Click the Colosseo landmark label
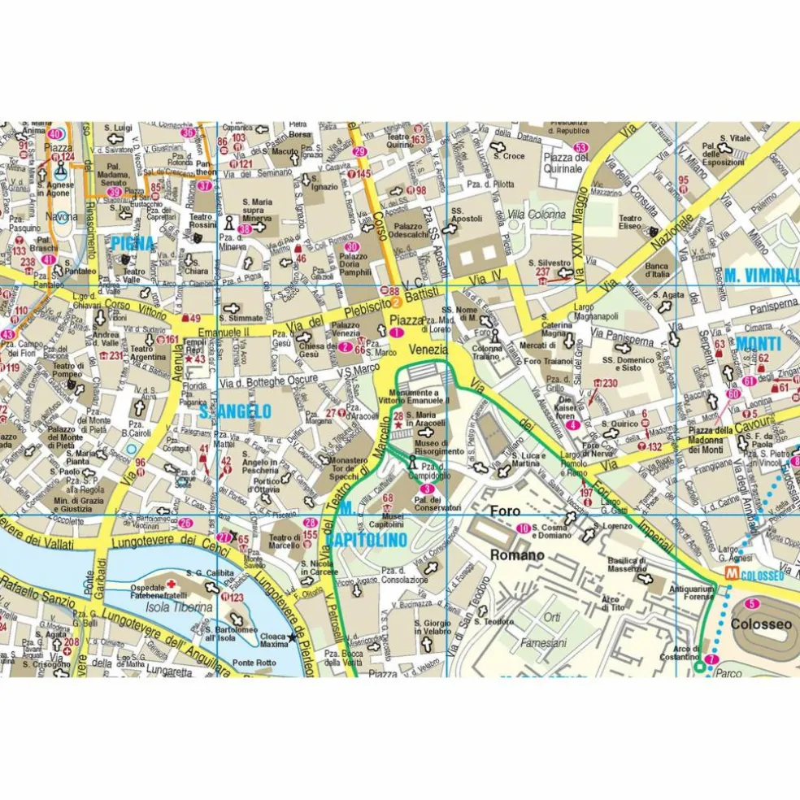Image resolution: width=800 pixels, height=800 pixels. (761, 624)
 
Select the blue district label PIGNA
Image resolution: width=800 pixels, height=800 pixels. (133, 242)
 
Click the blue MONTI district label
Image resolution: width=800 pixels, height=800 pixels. (758, 344)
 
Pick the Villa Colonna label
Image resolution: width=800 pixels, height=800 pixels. (536, 215)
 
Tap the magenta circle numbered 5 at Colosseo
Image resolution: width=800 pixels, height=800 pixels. (752, 603)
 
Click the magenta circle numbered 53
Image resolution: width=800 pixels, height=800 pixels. (580, 147)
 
